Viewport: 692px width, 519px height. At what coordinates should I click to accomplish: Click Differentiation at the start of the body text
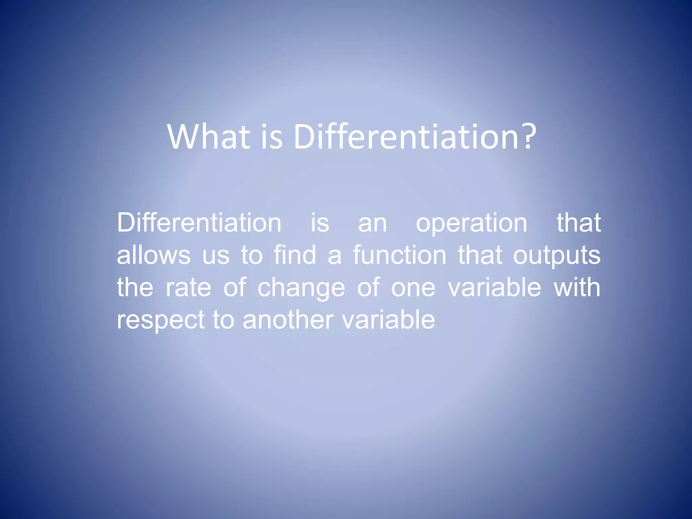pyautogui.click(x=199, y=223)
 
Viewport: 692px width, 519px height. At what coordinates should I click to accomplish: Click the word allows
pyautogui.click(x=154, y=255)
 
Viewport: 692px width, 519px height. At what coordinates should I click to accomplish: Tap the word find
pyautogui.click(x=295, y=255)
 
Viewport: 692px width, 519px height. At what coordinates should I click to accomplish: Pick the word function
pyautogui.click(x=400, y=255)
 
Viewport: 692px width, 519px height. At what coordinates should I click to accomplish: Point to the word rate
pyautogui.click(x=189, y=288)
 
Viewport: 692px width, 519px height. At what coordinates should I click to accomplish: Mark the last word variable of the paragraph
pyautogui.click(x=389, y=320)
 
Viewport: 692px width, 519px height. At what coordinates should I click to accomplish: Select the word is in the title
pyautogui.click(x=272, y=137)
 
